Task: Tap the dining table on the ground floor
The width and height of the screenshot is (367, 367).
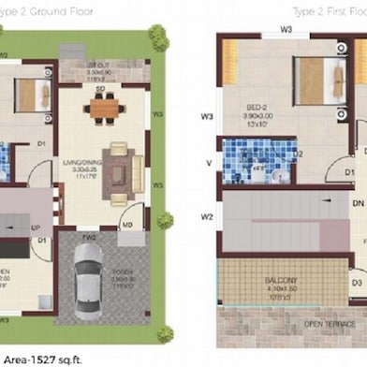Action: coord(104,108)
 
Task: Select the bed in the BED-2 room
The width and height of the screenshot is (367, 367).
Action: coord(314,79)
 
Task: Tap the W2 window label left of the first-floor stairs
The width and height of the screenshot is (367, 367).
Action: coord(207,217)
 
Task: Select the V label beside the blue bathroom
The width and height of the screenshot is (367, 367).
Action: coord(208,161)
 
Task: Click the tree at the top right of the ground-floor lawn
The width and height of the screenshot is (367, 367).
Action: coord(157,37)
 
